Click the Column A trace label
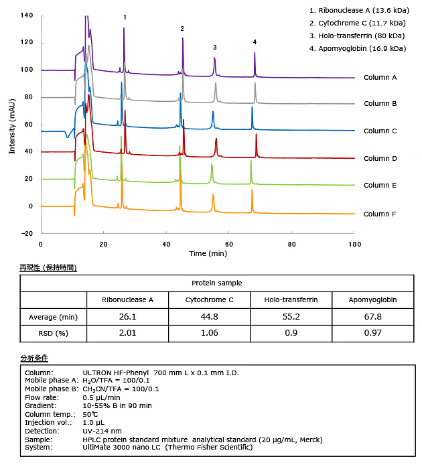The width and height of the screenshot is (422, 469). click(x=380, y=77)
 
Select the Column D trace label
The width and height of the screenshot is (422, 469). click(x=380, y=158)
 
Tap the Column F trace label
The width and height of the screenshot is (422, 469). click(x=380, y=214)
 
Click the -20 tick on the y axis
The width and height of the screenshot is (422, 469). click(x=27, y=233)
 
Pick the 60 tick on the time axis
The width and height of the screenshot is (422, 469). click(x=229, y=245)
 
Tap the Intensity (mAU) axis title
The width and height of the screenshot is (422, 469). click(x=13, y=124)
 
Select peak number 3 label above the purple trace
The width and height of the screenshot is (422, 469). click(x=214, y=48)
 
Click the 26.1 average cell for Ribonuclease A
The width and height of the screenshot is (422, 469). click(x=127, y=317)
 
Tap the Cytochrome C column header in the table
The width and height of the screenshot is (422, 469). click(x=209, y=299)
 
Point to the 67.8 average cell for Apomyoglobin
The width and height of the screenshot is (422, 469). click(x=374, y=317)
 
